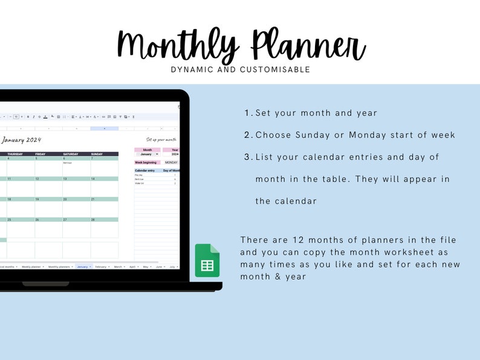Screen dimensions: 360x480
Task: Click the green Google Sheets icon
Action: pyautogui.click(x=207, y=261)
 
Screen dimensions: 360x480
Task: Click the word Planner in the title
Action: pyautogui.click(x=308, y=46)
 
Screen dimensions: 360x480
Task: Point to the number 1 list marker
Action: pyautogui.click(x=247, y=113)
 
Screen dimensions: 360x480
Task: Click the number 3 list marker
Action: pyautogui.click(x=247, y=157)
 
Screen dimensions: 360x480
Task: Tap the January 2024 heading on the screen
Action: pyautogui.click(x=21, y=140)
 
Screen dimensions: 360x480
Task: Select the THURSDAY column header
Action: pyautogui.click(x=15, y=154)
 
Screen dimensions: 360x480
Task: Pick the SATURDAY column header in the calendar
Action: pyautogui.click(x=71, y=154)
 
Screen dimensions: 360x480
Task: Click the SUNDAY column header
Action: pyautogui.click(x=97, y=154)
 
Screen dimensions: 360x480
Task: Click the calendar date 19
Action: pyautogui.click(x=37, y=199)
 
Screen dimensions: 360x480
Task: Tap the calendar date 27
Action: pyautogui.click(x=65, y=220)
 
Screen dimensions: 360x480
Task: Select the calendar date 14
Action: pyautogui.click(x=93, y=179)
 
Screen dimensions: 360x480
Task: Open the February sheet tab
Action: pyautogui.click(x=101, y=266)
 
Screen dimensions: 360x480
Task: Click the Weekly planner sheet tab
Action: pyautogui.click(x=30, y=266)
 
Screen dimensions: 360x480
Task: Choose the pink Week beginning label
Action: pyautogui.click(x=147, y=162)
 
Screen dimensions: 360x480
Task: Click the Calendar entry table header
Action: pyautogui.click(x=145, y=170)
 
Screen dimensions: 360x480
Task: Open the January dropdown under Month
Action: pyautogui.click(x=148, y=155)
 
